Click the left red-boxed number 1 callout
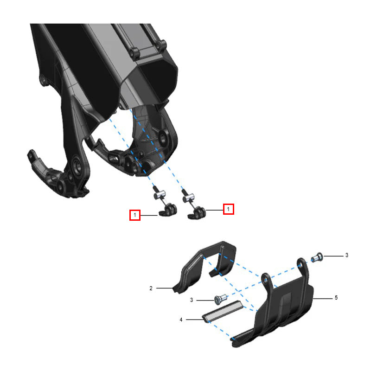(135, 215)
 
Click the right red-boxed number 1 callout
(229, 209)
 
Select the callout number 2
(151, 288)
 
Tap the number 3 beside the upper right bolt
(346, 255)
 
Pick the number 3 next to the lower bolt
(192, 300)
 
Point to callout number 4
(181, 320)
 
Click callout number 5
(336, 298)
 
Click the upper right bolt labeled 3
(317, 257)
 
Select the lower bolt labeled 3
(220, 299)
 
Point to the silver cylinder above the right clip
(188, 198)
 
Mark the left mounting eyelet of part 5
(266, 279)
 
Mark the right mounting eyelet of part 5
(301, 263)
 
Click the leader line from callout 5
(323, 299)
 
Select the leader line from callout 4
(195, 320)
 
